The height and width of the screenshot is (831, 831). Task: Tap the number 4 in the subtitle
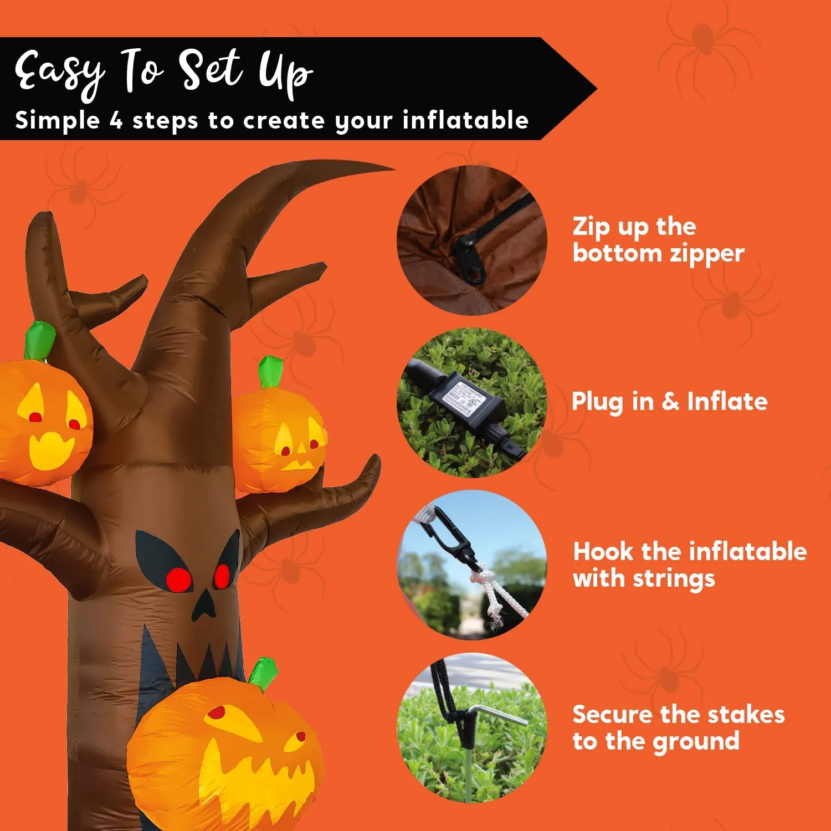pyautogui.click(x=116, y=120)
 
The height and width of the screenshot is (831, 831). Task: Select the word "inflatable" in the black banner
pyautogui.click(x=465, y=120)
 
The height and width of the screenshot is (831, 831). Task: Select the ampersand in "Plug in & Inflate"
pyautogui.click(x=670, y=402)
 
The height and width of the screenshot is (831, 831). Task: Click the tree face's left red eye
pyautogui.click(x=178, y=579)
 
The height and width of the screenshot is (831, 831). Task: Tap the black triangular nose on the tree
pyautogui.click(x=203, y=606)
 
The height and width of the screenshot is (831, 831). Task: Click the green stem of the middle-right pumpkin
pyautogui.click(x=270, y=372)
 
